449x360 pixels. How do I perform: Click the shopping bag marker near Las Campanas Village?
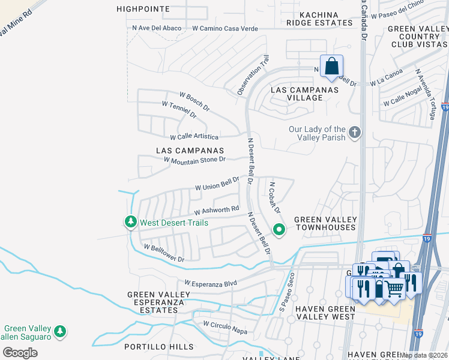click(x=331, y=67)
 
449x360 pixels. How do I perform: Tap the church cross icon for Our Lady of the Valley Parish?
click(x=354, y=132)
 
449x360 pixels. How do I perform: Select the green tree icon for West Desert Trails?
click(x=130, y=223)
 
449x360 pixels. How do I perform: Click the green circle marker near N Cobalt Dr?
click(x=279, y=229)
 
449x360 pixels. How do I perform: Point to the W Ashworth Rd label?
click(x=217, y=211)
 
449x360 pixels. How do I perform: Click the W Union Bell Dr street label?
click(x=217, y=184)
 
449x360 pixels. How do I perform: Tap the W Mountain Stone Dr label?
click(x=194, y=159)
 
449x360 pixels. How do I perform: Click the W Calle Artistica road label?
click(x=194, y=137)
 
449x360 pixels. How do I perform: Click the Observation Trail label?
click(x=252, y=75)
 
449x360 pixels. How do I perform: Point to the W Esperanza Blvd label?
click(x=211, y=283)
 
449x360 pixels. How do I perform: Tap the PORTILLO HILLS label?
click(x=158, y=347)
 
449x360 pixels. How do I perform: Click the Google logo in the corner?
click(x=20, y=352)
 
